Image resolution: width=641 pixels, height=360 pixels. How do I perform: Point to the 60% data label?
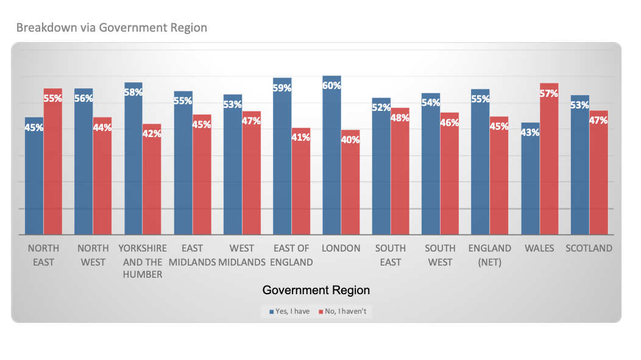[331, 85]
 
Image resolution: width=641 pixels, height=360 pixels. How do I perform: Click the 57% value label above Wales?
[549, 93]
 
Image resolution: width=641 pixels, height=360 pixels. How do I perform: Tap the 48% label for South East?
[400, 118]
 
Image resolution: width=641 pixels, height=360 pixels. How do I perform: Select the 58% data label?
[133, 92]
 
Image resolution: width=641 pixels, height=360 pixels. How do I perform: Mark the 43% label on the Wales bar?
[530, 132]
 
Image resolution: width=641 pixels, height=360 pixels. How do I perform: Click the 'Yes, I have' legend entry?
[289, 311]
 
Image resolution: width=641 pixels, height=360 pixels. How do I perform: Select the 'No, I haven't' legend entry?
[342, 311]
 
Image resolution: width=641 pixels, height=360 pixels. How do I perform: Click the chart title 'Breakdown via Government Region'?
[112, 27]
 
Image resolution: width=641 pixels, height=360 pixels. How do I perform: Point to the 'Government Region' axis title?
[316, 290]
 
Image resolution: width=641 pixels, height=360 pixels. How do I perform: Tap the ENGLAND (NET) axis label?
[490, 255]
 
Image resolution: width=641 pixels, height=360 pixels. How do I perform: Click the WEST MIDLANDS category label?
[242, 255]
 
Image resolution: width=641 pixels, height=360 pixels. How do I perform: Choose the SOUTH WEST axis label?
[440, 255]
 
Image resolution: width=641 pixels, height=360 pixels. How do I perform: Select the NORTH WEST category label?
[93, 255]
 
